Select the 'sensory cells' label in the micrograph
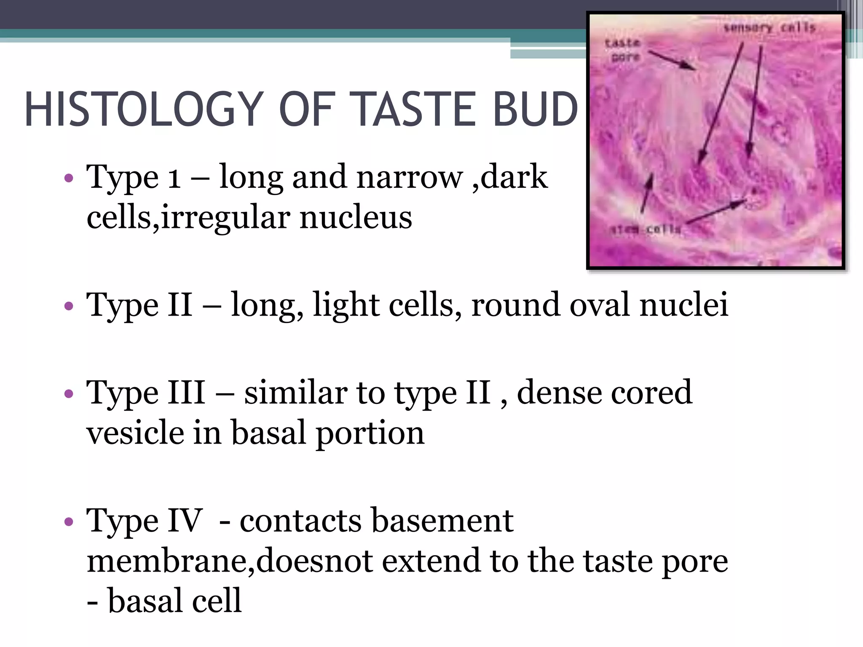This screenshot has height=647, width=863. point(769,28)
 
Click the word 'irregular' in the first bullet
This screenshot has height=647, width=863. point(225,218)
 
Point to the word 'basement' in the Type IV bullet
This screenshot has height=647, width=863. point(442,521)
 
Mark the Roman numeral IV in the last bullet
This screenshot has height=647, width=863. point(185,521)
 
